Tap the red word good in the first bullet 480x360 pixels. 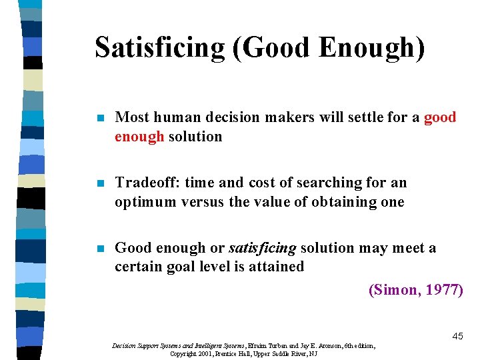pyautogui.click(x=440, y=117)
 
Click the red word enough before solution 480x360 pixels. pyautogui.click(x=139, y=137)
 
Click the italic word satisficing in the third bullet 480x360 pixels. pyautogui.click(x=262, y=248)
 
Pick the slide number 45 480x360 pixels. pyautogui.click(x=457, y=337)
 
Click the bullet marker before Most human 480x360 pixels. pyautogui.click(x=99, y=118)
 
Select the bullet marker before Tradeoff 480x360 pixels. pyautogui.click(x=99, y=183)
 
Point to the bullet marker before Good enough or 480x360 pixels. pyautogui.click(x=99, y=249)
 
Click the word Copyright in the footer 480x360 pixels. pyautogui.click(x=183, y=353)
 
